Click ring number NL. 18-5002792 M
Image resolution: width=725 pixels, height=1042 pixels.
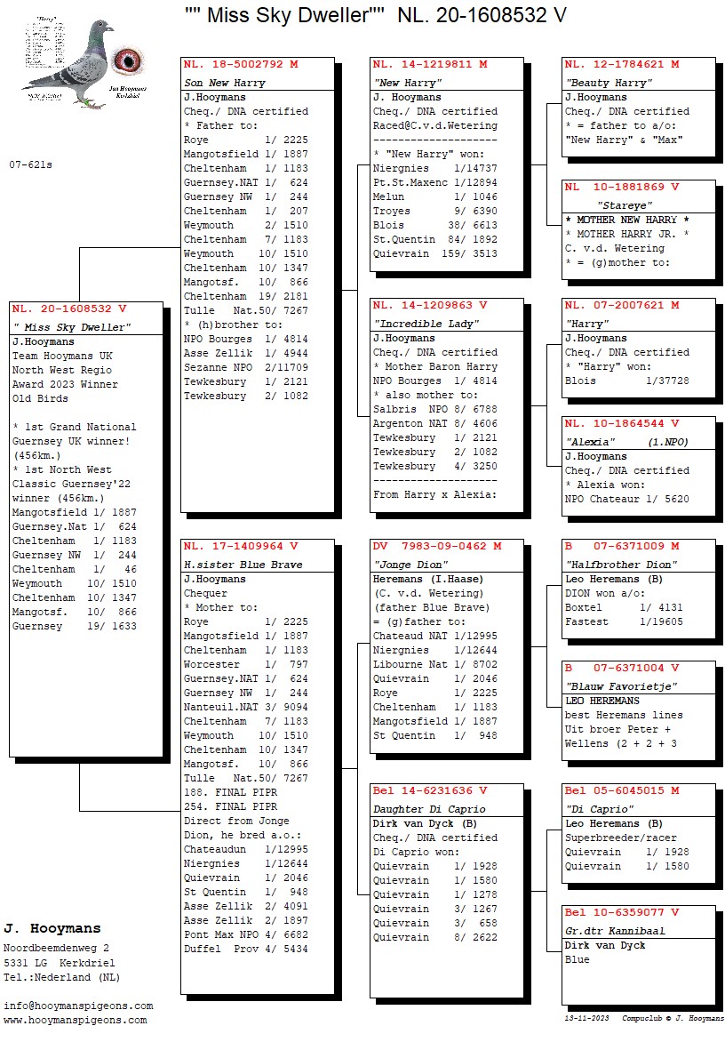pos(241,65)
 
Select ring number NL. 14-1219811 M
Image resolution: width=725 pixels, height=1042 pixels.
pos(430,65)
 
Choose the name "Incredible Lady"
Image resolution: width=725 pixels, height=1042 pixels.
pos(426,324)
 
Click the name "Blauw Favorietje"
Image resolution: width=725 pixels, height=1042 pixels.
pos(609,686)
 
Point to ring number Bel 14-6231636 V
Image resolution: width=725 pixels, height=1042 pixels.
pos(430,791)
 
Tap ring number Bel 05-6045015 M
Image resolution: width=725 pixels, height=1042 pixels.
pos(622,791)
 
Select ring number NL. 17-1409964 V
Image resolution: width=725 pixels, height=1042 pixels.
pos(241,547)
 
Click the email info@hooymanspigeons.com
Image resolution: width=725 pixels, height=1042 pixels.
pos(78,1006)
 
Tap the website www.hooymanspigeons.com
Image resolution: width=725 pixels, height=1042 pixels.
pos(76,1020)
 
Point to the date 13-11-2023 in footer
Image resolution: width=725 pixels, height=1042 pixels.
pos(587,1018)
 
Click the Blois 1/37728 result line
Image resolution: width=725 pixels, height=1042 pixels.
pos(626,381)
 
